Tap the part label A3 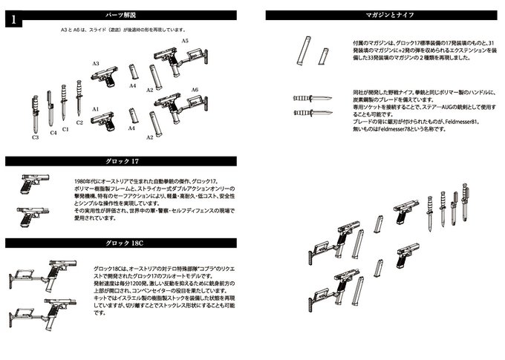(x=96, y=65)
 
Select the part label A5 (x=185, y=41)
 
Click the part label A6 (x=195, y=89)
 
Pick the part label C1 (x=65, y=129)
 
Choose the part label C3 (x=35, y=137)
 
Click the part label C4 (x=52, y=133)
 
